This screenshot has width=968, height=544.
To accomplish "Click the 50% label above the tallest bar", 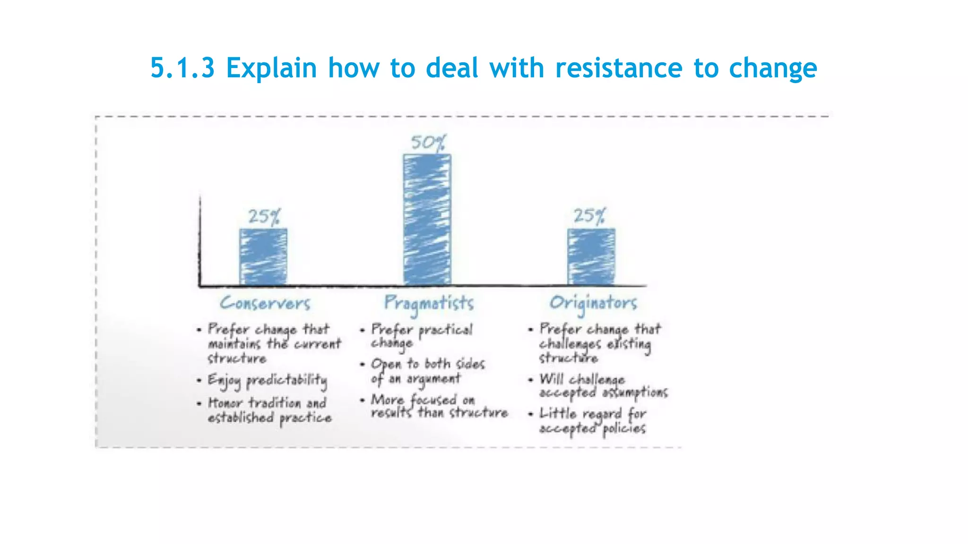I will point(428,143).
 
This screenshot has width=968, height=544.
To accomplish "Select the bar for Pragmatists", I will point(427,220).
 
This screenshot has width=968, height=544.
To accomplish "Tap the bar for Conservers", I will point(263,256).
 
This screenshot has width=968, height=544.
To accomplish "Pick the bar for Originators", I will point(591,256).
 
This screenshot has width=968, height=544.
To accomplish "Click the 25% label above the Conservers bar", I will point(264,217).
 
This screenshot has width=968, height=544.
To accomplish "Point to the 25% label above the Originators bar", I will point(589,216).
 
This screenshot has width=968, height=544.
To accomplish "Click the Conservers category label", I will point(265,303).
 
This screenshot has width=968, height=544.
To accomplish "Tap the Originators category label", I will point(593,303).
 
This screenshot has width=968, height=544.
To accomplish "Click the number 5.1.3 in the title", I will point(182,68).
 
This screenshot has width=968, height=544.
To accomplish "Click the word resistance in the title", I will point(619,68).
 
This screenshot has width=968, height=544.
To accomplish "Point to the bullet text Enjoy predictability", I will point(268,381).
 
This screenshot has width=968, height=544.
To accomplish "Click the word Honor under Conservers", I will point(225,403).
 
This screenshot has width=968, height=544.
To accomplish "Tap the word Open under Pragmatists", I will point(386,364).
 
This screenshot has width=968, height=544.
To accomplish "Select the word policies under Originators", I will point(623,429).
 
